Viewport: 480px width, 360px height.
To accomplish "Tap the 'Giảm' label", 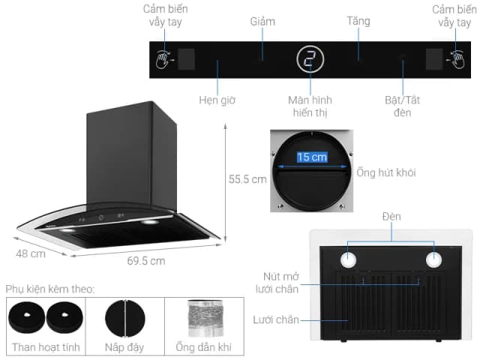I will [262, 22].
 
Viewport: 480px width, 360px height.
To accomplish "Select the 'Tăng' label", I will [358, 21].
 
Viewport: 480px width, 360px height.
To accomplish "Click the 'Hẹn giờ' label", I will [217, 100].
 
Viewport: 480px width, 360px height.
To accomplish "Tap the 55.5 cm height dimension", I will [247, 179].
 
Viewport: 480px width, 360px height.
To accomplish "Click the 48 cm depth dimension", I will [31, 253].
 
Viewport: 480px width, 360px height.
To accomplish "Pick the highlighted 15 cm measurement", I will [311, 157].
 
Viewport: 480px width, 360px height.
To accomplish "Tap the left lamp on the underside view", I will [349, 259].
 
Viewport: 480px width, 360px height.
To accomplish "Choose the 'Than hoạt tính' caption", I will [46, 347].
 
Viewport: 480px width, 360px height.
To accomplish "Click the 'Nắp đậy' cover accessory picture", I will [124, 318].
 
